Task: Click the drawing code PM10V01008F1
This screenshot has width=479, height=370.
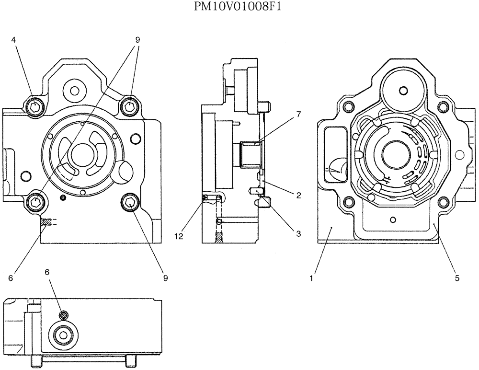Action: [x=239, y=7]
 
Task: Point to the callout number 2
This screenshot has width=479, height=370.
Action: [x=297, y=195]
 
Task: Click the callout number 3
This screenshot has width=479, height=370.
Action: [x=297, y=234]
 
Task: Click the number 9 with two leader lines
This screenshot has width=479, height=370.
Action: [x=137, y=40]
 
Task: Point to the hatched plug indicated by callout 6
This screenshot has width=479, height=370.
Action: [x=46, y=222]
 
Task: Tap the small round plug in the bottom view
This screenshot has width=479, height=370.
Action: [x=62, y=314]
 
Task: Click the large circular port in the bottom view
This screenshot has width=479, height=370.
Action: [x=61, y=336]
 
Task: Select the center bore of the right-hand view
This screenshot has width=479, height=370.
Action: [x=396, y=156]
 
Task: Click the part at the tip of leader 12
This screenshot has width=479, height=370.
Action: [x=205, y=197]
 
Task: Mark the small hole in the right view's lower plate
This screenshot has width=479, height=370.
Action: [x=393, y=220]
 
